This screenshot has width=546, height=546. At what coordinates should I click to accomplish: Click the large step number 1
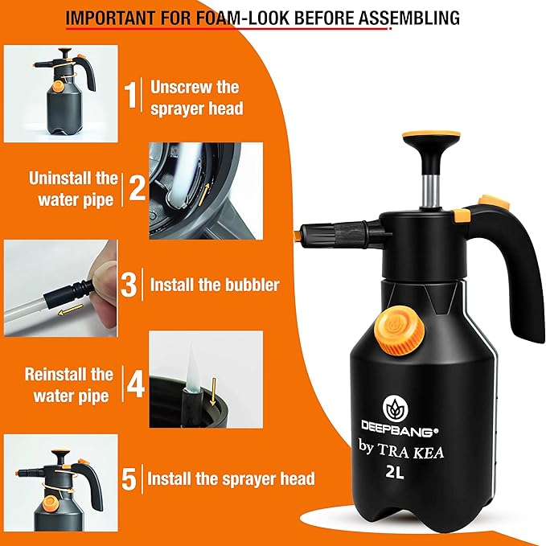click(131, 96)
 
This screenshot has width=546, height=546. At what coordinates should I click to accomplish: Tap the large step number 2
click(137, 187)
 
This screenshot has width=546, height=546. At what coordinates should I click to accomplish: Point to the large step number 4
click(134, 384)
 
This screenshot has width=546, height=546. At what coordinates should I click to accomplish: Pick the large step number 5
click(129, 479)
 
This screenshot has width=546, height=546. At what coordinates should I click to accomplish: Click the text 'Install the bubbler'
click(215, 285)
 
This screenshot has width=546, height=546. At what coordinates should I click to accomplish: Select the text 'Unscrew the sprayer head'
click(195, 97)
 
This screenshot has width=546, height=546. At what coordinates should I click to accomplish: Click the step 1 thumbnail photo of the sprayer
click(61, 93)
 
